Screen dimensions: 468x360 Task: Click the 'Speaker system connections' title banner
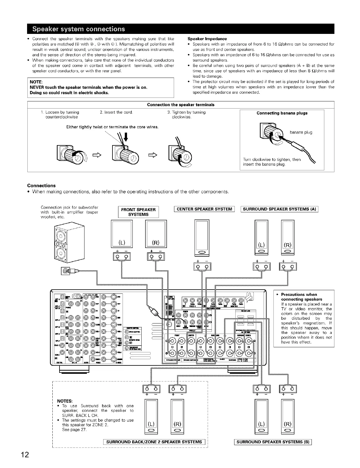[x=79, y=29]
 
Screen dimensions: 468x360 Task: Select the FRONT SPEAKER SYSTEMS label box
[x=138, y=212]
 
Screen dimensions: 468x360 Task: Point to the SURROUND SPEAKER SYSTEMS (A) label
[x=279, y=209]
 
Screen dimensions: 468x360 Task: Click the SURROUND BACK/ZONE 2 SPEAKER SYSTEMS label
[x=154, y=442]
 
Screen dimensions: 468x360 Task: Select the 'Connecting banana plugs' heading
[x=282, y=113]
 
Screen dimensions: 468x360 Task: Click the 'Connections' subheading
[x=41, y=186]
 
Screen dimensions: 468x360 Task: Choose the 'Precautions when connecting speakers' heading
[x=301, y=297]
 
